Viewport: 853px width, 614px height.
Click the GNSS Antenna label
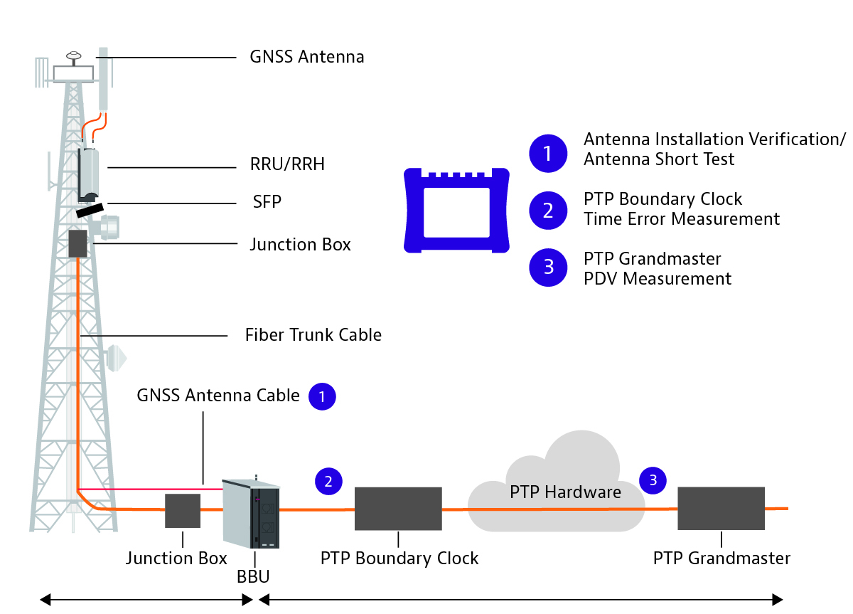tap(307, 57)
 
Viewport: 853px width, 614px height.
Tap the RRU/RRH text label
tap(287, 164)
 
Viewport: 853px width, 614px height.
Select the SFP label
tap(267, 201)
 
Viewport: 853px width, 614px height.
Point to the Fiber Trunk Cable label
tap(313, 335)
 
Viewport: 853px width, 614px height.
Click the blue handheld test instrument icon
tap(456, 211)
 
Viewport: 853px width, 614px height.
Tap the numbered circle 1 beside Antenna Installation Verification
tap(548, 154)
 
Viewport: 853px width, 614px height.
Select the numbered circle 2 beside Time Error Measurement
tap(548, 211)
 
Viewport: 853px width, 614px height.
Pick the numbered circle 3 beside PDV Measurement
tap(548, 268)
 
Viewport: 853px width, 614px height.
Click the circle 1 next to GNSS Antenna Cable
tap(322, 396)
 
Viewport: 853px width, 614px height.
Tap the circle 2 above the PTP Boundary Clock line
tap(328, 482)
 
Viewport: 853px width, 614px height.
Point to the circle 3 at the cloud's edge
tap(653, 480)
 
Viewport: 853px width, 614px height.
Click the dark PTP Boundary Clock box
tap(398, 509)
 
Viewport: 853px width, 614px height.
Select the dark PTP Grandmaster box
tap(721, 508)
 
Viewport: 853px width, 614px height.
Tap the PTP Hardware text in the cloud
tap(566, 492)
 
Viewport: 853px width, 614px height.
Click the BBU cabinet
tap(252, 514)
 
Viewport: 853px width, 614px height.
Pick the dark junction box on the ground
tap(183, 511)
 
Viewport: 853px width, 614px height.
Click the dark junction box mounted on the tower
tap(77, 243)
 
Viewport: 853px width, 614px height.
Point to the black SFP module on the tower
tap(90, 211)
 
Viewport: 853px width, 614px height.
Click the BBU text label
tap(253, 577)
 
